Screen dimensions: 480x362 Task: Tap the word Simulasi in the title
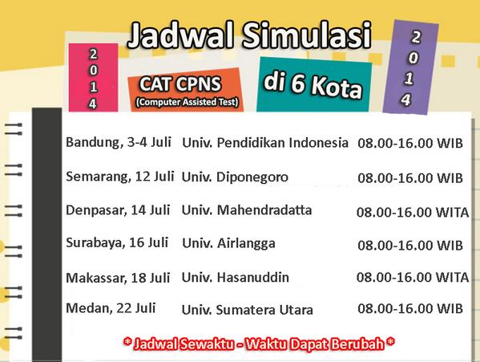tap(307, 35)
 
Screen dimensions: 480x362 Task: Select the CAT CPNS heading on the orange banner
tap(180, 83)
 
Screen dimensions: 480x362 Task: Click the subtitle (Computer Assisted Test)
tap(187, 102)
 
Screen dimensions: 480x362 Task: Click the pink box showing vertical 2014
tap(93, 78)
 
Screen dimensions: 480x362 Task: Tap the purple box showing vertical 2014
tap(410, 67)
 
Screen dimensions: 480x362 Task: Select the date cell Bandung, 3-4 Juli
tap(119, 142)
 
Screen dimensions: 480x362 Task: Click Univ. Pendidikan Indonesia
tap(265, 143)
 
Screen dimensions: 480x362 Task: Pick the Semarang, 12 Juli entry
tap(120, 177)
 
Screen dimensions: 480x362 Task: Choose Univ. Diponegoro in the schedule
tap(235, 177)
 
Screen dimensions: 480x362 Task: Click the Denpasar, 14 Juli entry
tap(118, 210)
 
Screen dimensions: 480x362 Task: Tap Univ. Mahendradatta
tap(247, 210)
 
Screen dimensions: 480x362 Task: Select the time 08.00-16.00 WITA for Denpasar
tap(413, 212)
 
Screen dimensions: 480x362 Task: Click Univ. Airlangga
tap(228, 244)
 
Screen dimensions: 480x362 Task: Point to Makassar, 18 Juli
tap(118, 278)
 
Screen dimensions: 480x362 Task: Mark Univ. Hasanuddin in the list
tap(236, 278)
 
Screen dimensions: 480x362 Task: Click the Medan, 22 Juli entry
tap(111, 308)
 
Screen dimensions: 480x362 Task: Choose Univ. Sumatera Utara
tap(248, 310)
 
